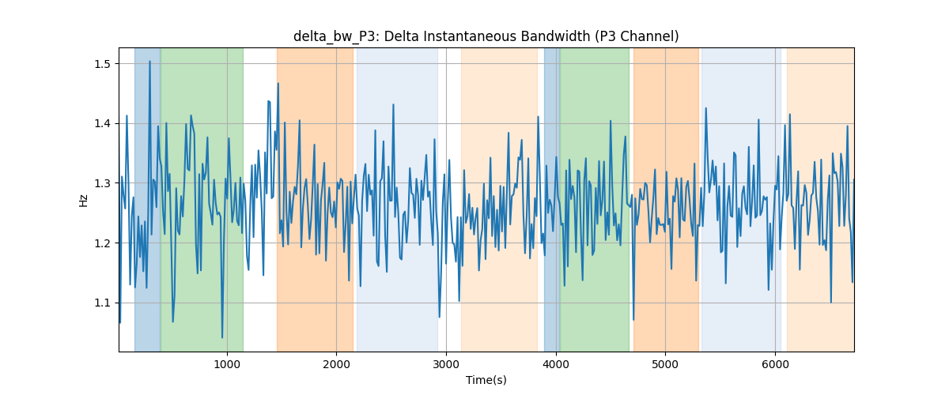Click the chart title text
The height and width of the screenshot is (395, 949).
click(x=486, y=37)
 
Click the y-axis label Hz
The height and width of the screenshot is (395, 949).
click(x=84, y=200)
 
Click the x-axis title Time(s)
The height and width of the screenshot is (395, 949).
click(x=486, y=380)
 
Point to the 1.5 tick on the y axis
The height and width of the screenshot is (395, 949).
click(x=102, y=64)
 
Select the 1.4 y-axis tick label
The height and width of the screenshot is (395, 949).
click(x=102, y=123)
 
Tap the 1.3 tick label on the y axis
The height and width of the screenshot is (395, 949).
click(x=102, y=183)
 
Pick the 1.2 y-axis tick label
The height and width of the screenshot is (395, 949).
click(x=102, y=243)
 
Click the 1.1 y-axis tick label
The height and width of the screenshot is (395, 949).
click(x=102, y=303)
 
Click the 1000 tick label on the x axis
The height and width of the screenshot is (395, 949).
click(x=227, y=364)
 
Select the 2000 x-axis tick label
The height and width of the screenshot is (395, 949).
click(x=336, y=364)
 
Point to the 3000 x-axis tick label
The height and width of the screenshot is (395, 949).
click(x=446, y=364)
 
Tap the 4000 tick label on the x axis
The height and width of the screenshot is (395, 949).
click(x=556, y=364)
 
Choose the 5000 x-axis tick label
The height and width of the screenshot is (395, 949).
click(x=665, y=364)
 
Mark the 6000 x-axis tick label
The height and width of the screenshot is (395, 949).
click(x=775, y=364)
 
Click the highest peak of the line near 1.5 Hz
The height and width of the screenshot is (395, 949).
click(x=149, y=62)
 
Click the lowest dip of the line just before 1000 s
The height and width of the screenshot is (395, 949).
click(x=222, y=337)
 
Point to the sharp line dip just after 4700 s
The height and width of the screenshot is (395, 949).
click(x=633, y=320)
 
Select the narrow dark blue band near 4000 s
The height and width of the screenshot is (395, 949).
click(x=552, y=199)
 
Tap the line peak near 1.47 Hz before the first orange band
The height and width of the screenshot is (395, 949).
click(x=278, y=84)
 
